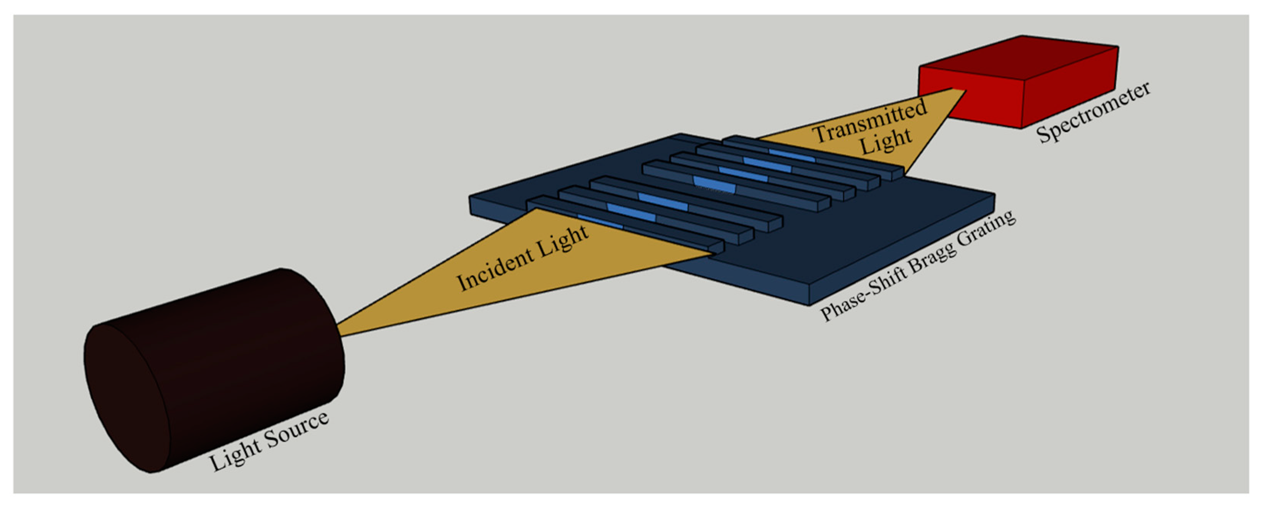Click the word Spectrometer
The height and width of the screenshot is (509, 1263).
1094,113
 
